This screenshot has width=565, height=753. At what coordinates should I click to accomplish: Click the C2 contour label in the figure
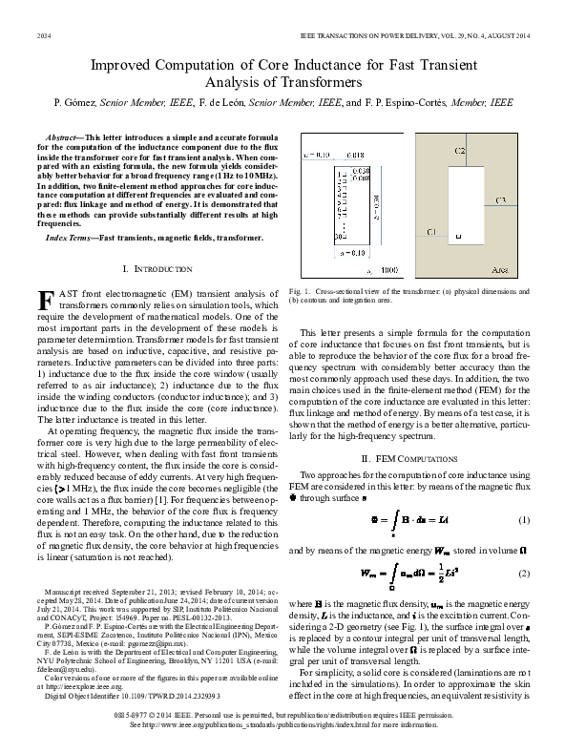click(460, 152)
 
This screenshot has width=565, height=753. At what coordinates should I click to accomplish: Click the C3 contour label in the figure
click(501, 200)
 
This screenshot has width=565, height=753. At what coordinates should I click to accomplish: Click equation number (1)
click(523, 521)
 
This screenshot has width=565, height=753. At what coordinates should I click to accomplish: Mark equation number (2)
click(523, 573)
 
